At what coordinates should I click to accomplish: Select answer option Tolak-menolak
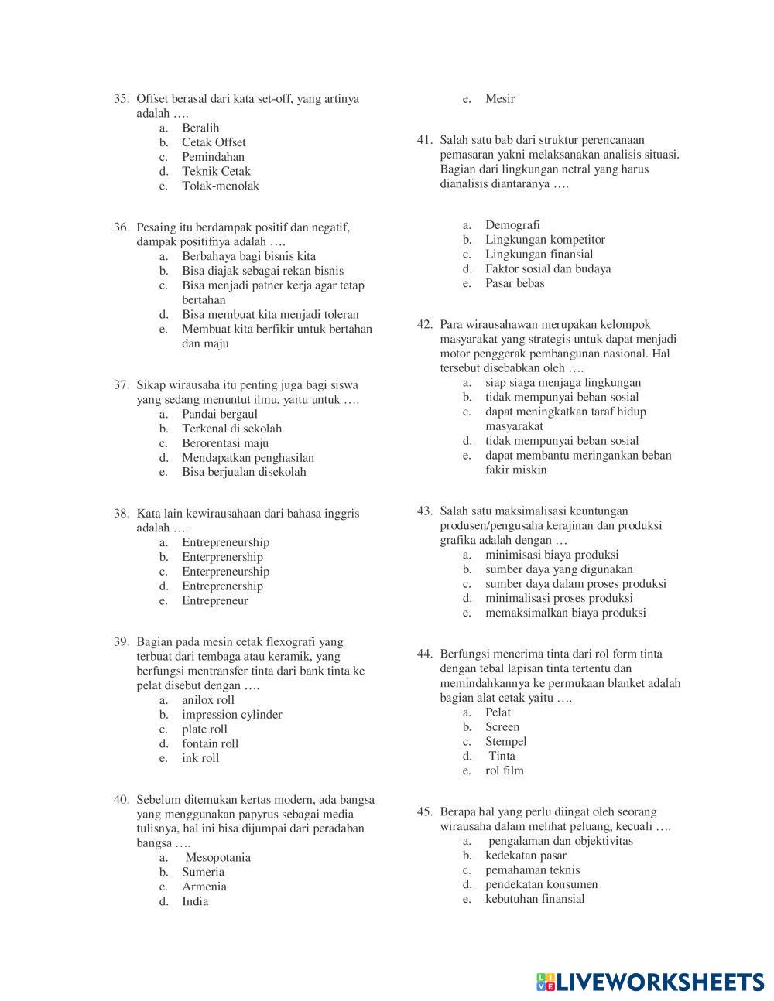[x=221, y=186]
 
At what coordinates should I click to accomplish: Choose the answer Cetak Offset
[x=214, y=142]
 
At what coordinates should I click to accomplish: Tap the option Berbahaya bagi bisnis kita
[x=248, y=256]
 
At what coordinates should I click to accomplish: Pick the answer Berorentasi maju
[x=225, y=443]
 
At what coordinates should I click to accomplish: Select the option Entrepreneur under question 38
[x=215, y=601]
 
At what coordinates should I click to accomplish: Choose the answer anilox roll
[x=207, y=700]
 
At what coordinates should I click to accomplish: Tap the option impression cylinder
[x=231, y=715]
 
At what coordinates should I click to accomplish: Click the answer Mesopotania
[x=217, y=857]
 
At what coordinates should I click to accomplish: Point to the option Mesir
[x=500, y=99]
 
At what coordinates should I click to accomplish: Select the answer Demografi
[x=512, y=225]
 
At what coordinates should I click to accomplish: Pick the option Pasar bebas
[x=515, y=283]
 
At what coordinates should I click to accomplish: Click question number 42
[x=424, y=325]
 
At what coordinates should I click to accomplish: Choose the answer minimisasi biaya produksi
[x=552, y=555]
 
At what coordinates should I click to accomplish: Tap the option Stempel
[x=505, y=742]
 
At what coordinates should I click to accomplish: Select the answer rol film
[x=504, y=770]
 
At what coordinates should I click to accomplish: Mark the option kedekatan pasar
[x=526, y=856]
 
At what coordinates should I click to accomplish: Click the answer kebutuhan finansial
[x=535, y=899]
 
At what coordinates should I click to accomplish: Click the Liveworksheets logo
[x=649, y=982]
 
